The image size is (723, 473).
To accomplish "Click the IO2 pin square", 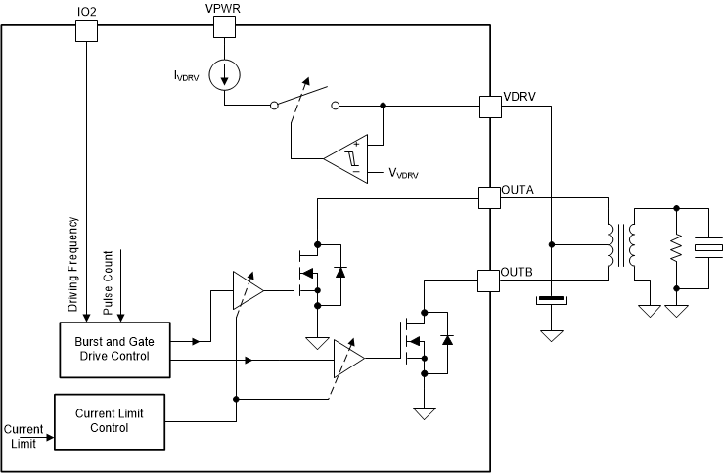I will tap(87, 30).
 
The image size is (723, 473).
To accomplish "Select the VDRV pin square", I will tap(489, 107).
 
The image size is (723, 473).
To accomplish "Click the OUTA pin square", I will tap(489, 197).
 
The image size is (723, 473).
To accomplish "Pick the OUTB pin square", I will tap(489, 280).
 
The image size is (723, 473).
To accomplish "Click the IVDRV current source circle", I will tap(225, 74).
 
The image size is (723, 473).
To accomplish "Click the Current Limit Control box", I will tap(109, 421).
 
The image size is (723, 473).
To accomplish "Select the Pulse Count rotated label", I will tap(108, 281).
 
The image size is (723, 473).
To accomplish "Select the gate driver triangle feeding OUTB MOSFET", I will tap(347, 359).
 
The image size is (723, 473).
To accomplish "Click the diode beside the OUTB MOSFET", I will tap(447, 339).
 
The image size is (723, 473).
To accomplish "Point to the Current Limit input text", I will tap(23, 436).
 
